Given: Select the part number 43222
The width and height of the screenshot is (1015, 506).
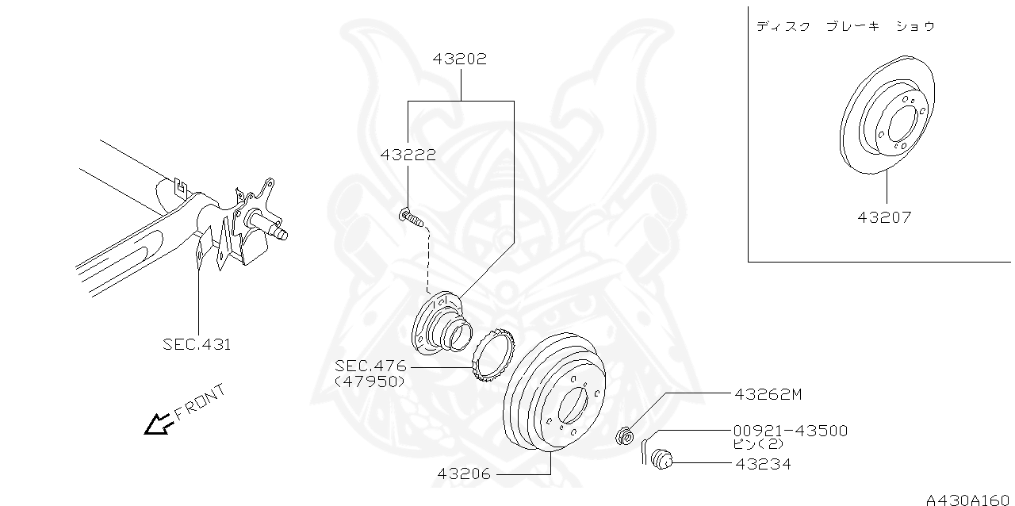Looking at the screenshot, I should [408, 155].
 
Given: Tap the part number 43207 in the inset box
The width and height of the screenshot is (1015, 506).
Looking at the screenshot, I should [884, 217].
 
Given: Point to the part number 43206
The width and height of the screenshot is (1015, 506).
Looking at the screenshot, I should [464, 474].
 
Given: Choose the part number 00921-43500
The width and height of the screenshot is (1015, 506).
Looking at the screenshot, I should [790, 431].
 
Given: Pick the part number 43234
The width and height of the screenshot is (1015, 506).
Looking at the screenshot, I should [762, 464].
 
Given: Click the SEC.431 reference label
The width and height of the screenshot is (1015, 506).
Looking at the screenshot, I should [197, 344].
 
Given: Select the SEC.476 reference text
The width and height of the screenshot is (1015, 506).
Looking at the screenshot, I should [370, 366].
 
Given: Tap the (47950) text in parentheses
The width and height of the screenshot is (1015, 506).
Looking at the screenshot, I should [370, 381].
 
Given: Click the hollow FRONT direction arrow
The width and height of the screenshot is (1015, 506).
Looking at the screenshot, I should [158, 425].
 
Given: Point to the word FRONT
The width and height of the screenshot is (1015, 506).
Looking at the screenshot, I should [200, 402].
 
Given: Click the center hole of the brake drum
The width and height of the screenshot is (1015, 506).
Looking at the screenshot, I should [573, 405].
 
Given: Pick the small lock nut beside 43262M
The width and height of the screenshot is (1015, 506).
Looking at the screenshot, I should [626, 435].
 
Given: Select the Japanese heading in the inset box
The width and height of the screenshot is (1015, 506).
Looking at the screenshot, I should [845, 26].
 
